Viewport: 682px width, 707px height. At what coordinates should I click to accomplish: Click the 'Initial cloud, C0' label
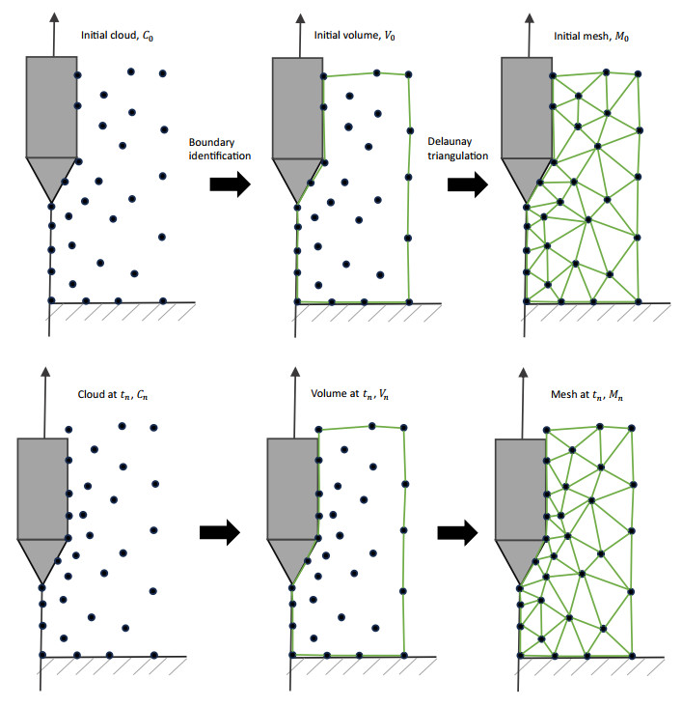pyautogui.click(x=117, y=36)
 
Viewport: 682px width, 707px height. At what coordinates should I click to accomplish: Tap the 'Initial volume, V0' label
pyautogui.click(x=355, y=36)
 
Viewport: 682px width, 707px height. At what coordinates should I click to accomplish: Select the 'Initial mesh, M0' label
pyautogui.click(x=591, y=37)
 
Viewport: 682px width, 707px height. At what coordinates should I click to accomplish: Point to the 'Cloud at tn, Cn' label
pyautogui.click(x=113, y=394)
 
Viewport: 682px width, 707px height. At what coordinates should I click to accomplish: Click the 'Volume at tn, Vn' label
pyautogui.click(x=349, y=394)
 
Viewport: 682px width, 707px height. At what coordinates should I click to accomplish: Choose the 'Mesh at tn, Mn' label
pyautogui.click(x=587, y=394)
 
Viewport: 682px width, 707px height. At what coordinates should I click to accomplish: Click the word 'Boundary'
pyautogui.click(x=211, y=143)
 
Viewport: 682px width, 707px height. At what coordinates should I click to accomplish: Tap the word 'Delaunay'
pyautogui.click(x=450, y=142)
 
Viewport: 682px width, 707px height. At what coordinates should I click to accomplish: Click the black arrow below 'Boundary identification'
pyautogui.click(x=231, y=184)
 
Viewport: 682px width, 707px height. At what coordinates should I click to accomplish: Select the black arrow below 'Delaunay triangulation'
pyautogui.click(x=468, y=184)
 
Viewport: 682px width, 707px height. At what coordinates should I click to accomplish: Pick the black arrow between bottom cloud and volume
pyautogui.click(x=220, y=532)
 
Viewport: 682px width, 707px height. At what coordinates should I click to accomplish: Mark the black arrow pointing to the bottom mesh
pyautogui.click(x=457, y=533)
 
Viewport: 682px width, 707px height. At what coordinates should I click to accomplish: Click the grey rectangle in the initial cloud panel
pyautogui.click(x=51, y=107)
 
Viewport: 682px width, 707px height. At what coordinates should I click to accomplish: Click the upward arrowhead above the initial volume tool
pyautogui.click(x=300, y=18)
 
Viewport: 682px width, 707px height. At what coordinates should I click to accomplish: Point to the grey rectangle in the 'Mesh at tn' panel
pyautogui.click(x=520, y=490)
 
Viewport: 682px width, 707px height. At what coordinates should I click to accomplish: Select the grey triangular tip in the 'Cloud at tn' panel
pyautogui.click(x=42, y=556)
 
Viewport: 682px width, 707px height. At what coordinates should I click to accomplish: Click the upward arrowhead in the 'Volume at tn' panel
pyautogui.click(x=295, y=372)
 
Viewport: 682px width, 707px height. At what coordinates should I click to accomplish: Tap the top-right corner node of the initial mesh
pyautogui.click(x=638, y=74)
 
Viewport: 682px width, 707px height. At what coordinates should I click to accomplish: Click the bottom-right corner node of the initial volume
pyautogui.click(x=409, y=302)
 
